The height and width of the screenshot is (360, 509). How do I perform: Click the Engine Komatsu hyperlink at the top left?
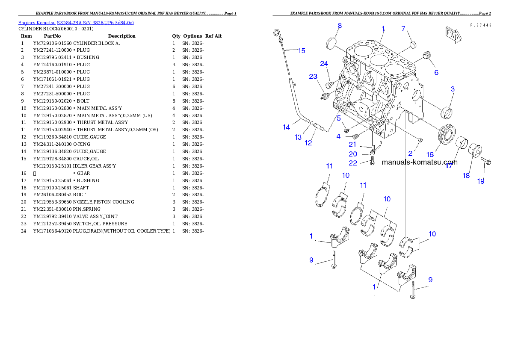tap(76, 23)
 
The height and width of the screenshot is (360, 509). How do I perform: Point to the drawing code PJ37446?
tap(480, 25)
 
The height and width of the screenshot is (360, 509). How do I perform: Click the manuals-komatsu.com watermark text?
tap(419, 162)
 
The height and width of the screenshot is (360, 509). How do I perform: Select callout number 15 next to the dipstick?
tap(301, 50)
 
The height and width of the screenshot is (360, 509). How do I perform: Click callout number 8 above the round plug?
tap(339, 26)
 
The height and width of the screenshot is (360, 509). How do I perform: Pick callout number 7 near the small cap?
tap(403, 29)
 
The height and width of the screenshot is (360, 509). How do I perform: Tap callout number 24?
tap(324, 64)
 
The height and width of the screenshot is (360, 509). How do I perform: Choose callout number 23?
tap(314, 77)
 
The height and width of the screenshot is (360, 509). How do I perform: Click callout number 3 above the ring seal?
tap(452, 89)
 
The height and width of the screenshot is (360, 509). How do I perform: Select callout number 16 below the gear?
tap(430, 154)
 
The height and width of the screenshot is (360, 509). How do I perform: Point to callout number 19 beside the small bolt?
tap(481, 181)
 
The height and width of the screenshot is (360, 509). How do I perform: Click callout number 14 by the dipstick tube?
tap(287, 127)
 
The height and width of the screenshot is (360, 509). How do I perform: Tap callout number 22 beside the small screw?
tap(352, 163)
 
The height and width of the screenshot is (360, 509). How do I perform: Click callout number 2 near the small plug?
tap(410, 153)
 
